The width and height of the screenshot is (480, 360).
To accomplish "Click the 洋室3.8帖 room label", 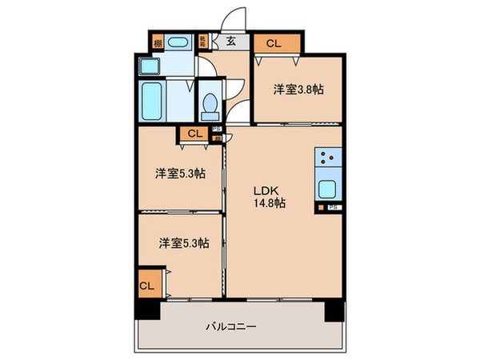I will [x=293, y=90].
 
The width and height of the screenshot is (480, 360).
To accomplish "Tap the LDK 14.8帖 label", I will [x=270, y=197].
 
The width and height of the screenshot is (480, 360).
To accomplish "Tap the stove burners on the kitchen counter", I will [x=328, y=158].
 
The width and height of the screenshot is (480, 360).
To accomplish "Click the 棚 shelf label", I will [x=158, y=42].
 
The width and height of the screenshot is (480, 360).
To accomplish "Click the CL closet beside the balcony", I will [x=146, y=285].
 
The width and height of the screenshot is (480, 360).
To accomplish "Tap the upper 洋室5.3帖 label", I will [x=178, y=173].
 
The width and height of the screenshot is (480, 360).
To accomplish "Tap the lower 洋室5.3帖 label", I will [x=182, y=243].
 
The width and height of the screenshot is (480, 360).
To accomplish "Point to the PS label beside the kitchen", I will [x=332, y=208].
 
